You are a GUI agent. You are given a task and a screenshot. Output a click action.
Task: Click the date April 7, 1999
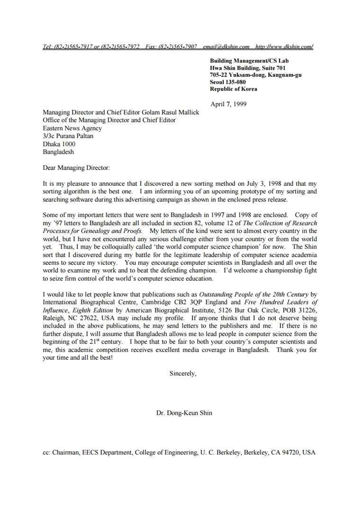point(228,104)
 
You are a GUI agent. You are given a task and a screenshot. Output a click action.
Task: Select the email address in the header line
point(226,46)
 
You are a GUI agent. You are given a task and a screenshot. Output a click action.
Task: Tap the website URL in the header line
point(284,46)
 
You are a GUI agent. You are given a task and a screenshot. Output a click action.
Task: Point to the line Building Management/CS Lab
point(249,61)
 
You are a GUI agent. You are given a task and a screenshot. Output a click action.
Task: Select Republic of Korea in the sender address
point(234,89)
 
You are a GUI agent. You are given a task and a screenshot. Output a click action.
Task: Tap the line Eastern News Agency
point(72,128)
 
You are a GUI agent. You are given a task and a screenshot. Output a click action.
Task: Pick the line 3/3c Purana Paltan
point(68,136)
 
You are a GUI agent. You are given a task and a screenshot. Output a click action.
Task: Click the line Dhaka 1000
point(59,144)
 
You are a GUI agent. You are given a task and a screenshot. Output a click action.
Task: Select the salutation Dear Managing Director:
point(76,168)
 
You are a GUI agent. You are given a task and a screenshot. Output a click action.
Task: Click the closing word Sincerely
point(182,373)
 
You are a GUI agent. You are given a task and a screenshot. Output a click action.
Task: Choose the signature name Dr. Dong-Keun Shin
point(184,413)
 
